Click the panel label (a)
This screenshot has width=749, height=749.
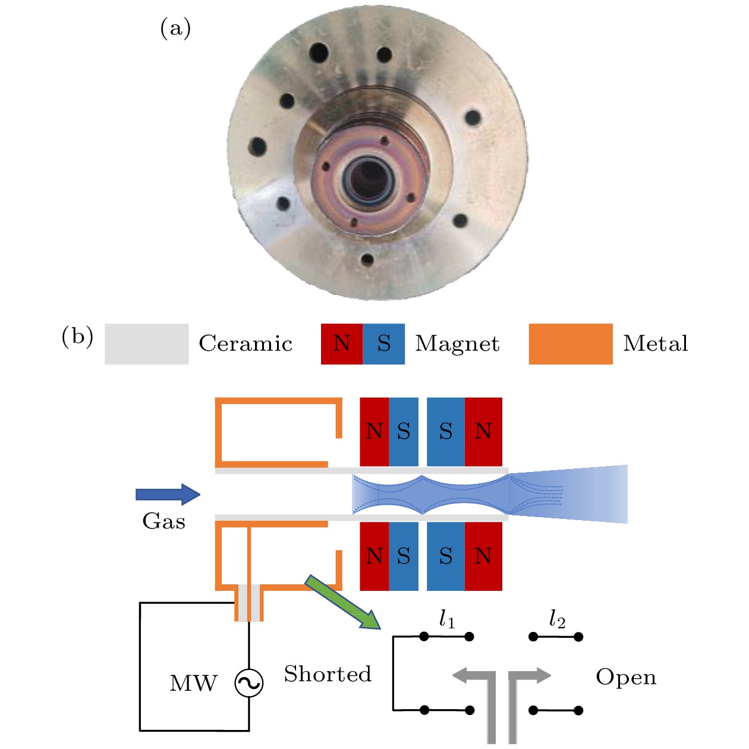coord(175,29)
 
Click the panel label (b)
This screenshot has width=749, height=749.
coord(77,337)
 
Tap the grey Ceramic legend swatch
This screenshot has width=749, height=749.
coord(146,344)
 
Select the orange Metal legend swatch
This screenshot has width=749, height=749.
coord(570,344)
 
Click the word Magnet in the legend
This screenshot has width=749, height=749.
coord(457,344)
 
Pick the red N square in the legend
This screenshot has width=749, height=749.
coord(342,344)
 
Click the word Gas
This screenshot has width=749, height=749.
coord(164,521)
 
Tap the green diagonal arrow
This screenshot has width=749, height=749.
coord(342,602)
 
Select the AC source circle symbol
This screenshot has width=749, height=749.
coord(249,683)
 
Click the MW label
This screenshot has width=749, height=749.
coord(194,684)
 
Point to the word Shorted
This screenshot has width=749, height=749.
coord(328,674)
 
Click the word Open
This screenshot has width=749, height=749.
coord(626,677)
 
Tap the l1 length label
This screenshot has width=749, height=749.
coord(447,619)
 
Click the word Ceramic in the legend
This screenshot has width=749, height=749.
coord(246,344)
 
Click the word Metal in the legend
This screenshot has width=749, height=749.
coord(655,344)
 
